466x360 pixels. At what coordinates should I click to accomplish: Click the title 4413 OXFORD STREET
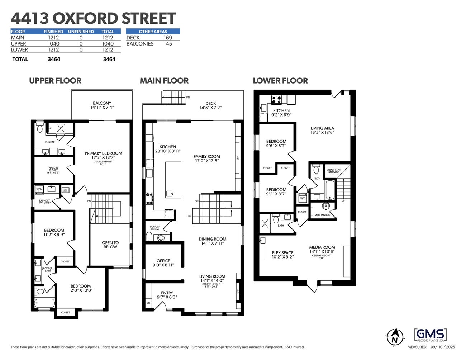tap(93, 18)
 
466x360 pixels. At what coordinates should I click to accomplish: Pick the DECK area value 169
tap(167, 38)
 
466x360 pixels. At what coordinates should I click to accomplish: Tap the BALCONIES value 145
tap(167, 44)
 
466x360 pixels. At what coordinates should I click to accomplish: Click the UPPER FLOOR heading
tap(55, 81)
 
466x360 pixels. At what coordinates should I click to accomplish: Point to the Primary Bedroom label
tap(103, 153)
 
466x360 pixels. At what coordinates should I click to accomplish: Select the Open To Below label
tap(110, 245)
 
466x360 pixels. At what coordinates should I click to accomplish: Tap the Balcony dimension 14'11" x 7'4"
tap(102, 107)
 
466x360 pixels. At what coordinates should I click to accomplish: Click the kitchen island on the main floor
tap(173, 179)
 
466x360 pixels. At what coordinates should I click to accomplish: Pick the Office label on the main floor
tap(163, 261)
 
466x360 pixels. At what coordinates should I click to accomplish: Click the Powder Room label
tap(155, 228)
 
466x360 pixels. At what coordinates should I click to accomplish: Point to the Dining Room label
tap(213, 239)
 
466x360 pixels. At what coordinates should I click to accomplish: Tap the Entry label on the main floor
tap(167, 293)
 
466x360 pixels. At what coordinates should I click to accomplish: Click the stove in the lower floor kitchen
tap(276, 99)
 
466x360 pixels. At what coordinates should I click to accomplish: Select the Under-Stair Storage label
tap(333, 171)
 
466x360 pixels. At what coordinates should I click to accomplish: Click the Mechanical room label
tap(322, 215)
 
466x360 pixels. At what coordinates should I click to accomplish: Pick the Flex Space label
tap(282, 252)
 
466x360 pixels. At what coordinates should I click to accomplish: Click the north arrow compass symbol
tap(395, 337)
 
